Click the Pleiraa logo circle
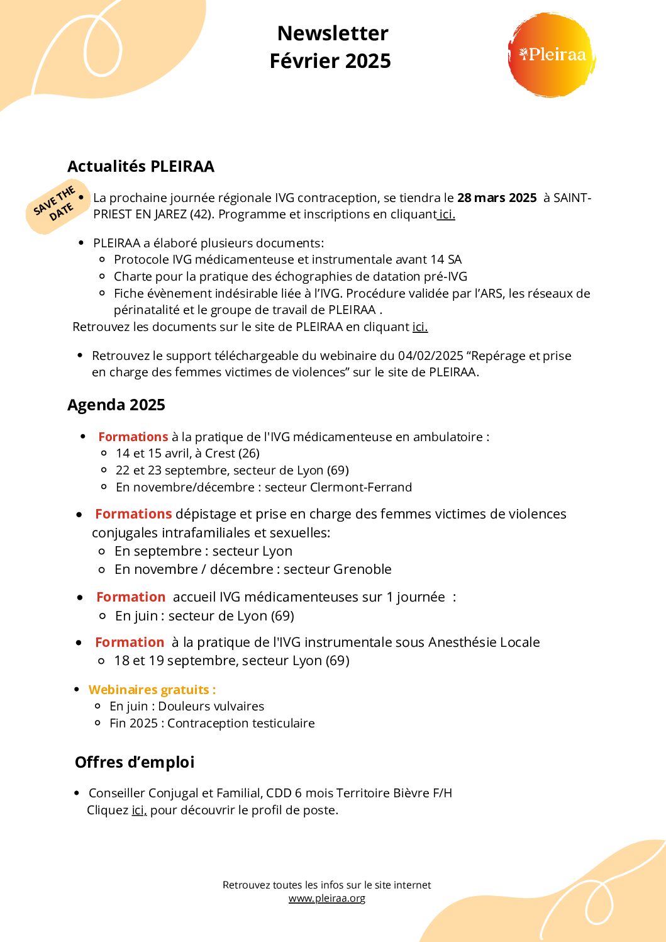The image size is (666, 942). point(551,55)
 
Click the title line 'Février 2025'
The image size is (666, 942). point(330,61)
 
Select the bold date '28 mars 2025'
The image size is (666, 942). point(497,198)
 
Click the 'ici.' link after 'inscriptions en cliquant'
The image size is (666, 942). point(447,215)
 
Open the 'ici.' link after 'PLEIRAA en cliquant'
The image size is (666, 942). point(419,327)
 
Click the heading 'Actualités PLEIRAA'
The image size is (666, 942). point(141,167)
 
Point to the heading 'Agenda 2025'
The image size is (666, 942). point(116,405)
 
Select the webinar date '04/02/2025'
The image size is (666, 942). point(430,356)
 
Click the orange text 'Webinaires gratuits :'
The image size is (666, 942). point(152,690)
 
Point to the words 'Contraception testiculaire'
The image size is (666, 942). point(241,724)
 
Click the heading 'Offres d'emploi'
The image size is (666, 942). point(135,763)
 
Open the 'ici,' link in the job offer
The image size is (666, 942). point(139,810)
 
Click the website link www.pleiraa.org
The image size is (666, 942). point(327,899)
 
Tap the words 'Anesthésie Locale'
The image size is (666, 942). point(484,642)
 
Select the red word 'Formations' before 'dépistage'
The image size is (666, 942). point(133,514)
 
